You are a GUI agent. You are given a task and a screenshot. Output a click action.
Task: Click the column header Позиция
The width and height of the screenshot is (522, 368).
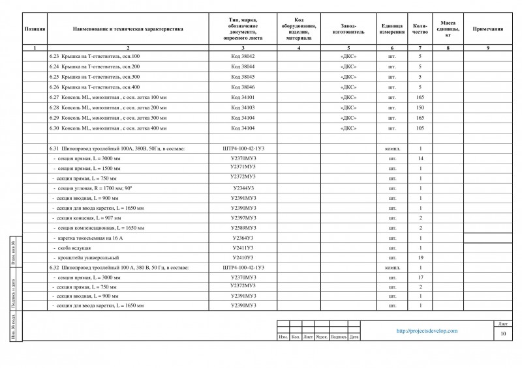pyautogui.click(x=35, y=29)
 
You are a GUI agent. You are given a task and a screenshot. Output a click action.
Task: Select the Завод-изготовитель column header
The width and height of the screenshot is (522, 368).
pyautogui.click(x=348, y=29)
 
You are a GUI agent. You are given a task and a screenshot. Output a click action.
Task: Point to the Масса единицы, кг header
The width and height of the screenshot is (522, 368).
pyautogui.click(x=448, y=29)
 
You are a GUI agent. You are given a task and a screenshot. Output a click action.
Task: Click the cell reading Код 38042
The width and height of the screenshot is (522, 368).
pyautogui.click(x=243, y=57)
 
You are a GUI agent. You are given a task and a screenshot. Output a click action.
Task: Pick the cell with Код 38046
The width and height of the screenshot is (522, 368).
pyautogui.click(x=243, y=87)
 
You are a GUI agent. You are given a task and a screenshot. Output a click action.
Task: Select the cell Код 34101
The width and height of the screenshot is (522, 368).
pyautogui.click(x=243, y=97)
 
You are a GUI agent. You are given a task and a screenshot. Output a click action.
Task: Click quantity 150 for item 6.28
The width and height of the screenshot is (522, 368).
pyautogui.click(x=420, y=107)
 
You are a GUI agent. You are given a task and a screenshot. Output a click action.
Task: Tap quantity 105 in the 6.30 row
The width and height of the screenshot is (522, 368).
pyautogui.click(x=420, y=128)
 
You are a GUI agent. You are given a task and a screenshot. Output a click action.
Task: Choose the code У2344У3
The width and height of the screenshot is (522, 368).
pyautogui.click(x=243, y=188)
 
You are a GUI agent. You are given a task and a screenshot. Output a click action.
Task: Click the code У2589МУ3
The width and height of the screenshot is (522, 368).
pyautogui.click(x=243, y=228)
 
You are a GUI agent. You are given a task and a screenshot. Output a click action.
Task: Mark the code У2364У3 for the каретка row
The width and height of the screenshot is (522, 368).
pyautogui.click(x=243, y=238)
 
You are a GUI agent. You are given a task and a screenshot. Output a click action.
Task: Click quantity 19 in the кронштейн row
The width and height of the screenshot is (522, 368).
pyautogui.click(x=420, y=258)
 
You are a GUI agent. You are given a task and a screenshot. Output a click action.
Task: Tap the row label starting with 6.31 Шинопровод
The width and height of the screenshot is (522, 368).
pyautogui.click(x=117, y=149)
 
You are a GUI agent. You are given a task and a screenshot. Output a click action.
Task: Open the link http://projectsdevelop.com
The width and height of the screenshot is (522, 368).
pyautogui.click(x=427, y=331)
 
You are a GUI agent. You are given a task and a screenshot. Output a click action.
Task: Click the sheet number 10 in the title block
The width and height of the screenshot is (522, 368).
pyautogui.click(x=503, y=334)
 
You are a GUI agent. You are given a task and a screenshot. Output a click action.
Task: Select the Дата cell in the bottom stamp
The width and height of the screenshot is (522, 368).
pyautogui.click(x=354, y=337)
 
